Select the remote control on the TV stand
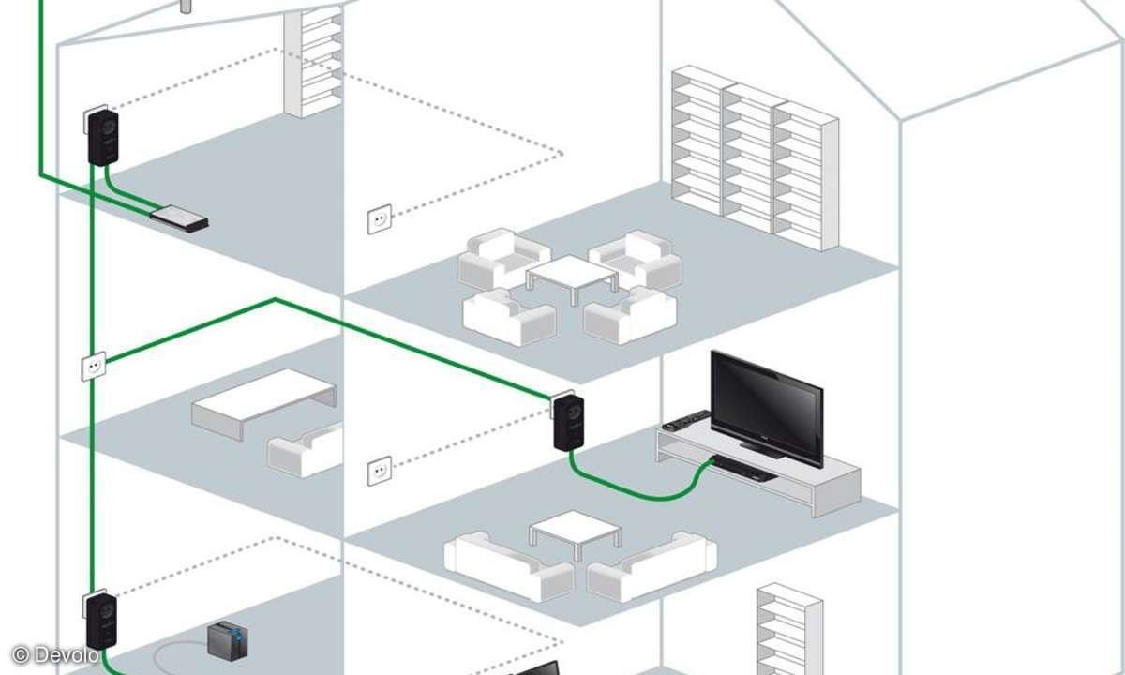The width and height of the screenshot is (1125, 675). pyautogui.click(x=685, y=421)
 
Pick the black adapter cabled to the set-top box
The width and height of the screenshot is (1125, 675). pyautogui.click(x=568, y=423)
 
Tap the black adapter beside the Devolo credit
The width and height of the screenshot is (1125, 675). pyautogui.click(x=101, y=620)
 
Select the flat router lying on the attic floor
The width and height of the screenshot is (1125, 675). pyautogui.click(x=180, y=218)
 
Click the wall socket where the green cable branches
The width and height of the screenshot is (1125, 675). pyautogui.click(x=94, y=367)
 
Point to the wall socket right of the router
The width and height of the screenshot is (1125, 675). pyautogui.click(x=379, y=220)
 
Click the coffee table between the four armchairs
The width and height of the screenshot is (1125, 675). pyautogui.click(x=571, y=277)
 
